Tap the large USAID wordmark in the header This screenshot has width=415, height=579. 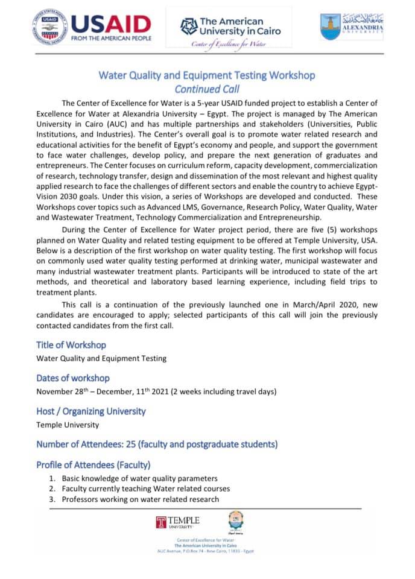click(x=110, y=24)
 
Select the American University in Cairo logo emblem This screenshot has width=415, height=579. click(x=189, y=26)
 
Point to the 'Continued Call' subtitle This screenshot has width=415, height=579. click(x=207, y=89)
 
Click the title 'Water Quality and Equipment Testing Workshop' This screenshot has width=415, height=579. click(x=207, y=75)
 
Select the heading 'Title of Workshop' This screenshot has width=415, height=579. click(x=71, y=345)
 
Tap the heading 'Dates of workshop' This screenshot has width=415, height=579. click(x=73, y=378)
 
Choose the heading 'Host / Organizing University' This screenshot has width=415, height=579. click(x=91, y=411)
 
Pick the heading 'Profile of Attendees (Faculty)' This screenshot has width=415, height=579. click(x=93, y=465)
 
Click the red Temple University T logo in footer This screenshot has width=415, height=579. click(x=161, y=522)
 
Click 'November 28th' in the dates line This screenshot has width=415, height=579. click(x=63, y=391)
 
